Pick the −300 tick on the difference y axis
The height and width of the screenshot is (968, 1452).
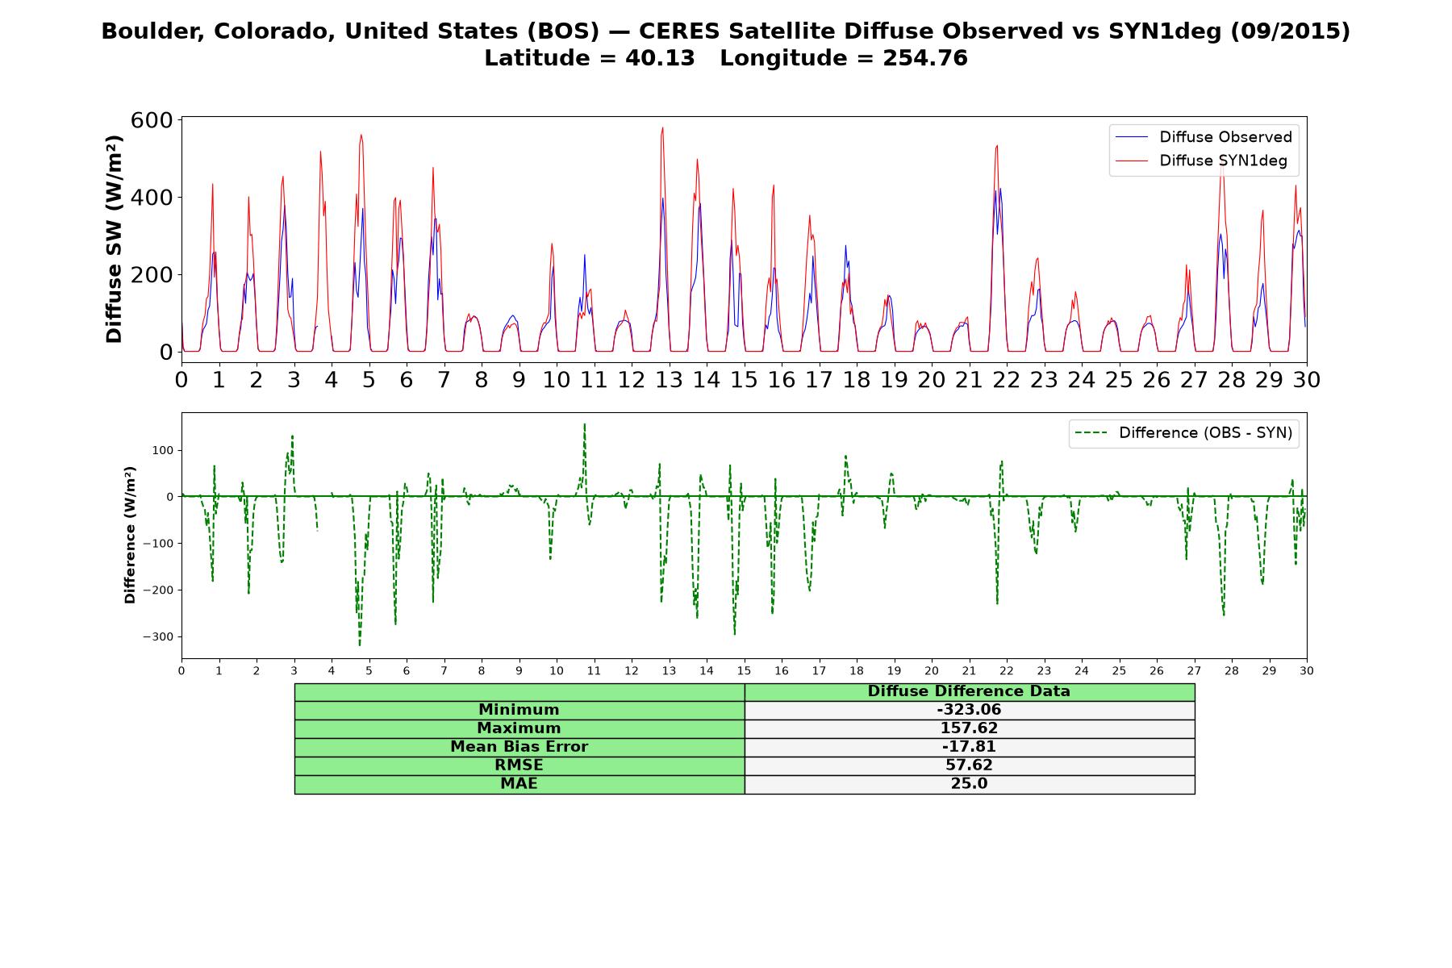(158, 636)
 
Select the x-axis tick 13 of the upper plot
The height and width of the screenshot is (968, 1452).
(669, 380)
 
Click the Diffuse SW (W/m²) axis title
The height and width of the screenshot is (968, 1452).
(115, 240)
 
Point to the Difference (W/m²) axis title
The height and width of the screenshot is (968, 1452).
(130, 536)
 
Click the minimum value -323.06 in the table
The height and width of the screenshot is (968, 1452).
(969, 710)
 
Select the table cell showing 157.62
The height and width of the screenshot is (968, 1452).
(969, 728)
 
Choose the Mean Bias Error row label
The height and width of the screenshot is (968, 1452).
(519, 747)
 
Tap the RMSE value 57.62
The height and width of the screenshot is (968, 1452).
(969, 766)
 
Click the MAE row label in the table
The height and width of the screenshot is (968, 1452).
(519, 784)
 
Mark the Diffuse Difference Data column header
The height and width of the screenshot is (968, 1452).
(969, 691)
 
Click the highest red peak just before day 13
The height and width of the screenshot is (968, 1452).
(662, 127)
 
